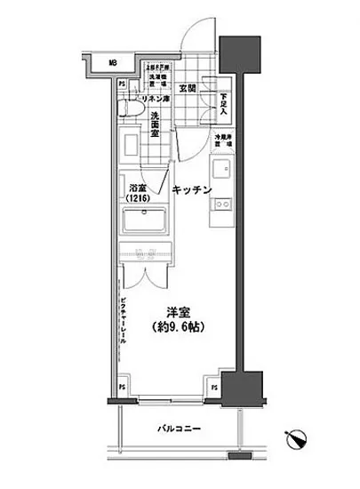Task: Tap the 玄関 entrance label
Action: point(188,88)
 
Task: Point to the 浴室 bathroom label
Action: point(136,188)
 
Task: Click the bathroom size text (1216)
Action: point(136,200)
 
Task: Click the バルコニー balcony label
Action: point(180,429)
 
